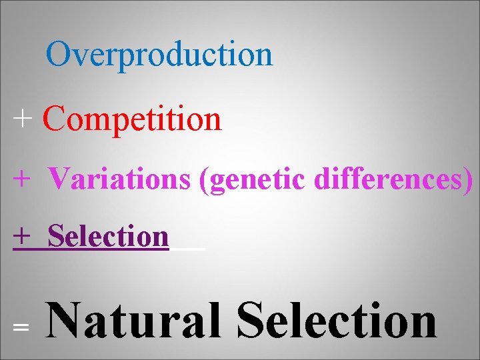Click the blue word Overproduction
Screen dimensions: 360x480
click(159, 55)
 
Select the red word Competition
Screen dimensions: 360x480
click(131, 119)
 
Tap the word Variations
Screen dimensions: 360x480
click(119, 178)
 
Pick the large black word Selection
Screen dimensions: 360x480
click(337, 321)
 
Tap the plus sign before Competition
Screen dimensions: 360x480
click(22, 120)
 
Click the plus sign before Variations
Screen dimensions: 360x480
click(22, 179)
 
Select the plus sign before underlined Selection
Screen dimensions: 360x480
click(22, 236)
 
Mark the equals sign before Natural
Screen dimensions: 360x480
click(21, 327)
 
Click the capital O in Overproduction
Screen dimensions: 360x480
click(59, 54)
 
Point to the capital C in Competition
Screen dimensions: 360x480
click(54, 119)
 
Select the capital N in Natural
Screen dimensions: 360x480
click(69, 321)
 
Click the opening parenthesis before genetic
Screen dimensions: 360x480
click(203, 179)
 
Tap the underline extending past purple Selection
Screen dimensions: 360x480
click(188, 249)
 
